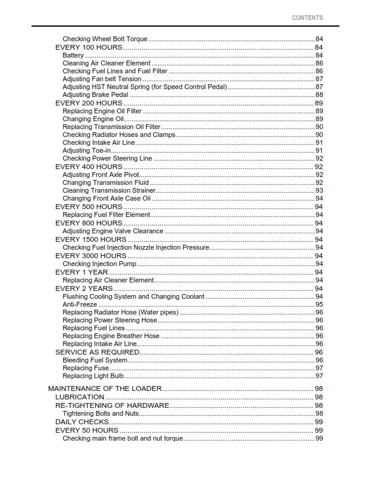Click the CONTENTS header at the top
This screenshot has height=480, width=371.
[307, 18]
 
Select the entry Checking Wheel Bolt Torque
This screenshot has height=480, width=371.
[105, 39]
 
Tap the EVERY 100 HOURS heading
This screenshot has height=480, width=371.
[89, 47]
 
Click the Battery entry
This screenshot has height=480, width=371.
[73, 55]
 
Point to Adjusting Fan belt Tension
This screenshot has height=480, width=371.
[102, 79]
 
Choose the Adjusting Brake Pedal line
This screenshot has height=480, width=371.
[95, 95]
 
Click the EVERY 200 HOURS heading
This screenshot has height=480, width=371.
[89, 103]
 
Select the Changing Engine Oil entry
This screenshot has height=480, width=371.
[93, 119]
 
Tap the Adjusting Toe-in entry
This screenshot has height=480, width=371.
[87, 150]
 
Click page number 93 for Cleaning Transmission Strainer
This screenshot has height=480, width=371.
[319, 190]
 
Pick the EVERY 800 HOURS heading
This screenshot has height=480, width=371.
[89, 223]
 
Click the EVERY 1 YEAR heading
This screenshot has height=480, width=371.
[82, 272]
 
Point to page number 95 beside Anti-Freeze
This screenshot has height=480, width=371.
[319, 304]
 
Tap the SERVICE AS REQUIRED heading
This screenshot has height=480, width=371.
[97, 352]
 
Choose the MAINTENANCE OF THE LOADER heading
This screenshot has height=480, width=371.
[105, 389]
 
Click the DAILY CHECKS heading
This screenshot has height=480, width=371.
[82, 421]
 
